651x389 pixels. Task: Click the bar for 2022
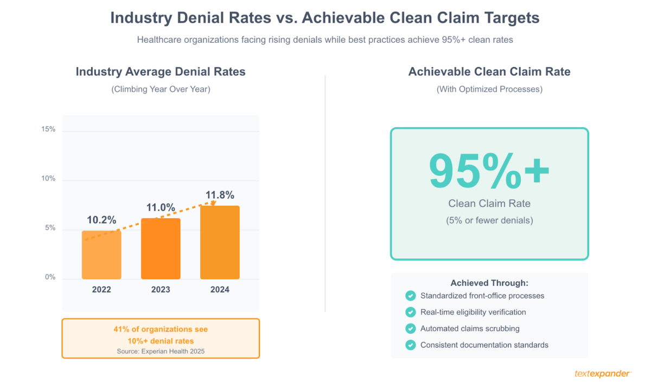[x=101, y=255]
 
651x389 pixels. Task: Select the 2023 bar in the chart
[x=161, y=249]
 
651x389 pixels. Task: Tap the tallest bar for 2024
[x=220, y=242]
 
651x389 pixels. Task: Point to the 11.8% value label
[x=220, y=195]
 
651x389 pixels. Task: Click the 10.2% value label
[x=101, y=220]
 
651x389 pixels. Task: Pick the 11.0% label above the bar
[x=161, y=208]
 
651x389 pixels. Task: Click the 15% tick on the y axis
[x=48, y=129]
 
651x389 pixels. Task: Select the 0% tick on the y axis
[x=50, y=277]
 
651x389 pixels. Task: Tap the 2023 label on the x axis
[x=161, y=289]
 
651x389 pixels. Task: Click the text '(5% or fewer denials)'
[x=489, y=221]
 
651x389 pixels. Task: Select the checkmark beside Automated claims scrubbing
[x=411, y=328]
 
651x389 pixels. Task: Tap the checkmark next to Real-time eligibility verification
[x=411, y=312]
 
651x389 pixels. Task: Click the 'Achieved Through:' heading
[x=489, y=283]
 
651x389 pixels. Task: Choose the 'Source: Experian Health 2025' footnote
[x=161, y=351]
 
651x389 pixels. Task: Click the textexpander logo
[x=603, y=374]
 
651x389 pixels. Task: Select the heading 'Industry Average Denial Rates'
[x=161, y=72]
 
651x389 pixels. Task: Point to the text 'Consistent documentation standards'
[x=484, y=345]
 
